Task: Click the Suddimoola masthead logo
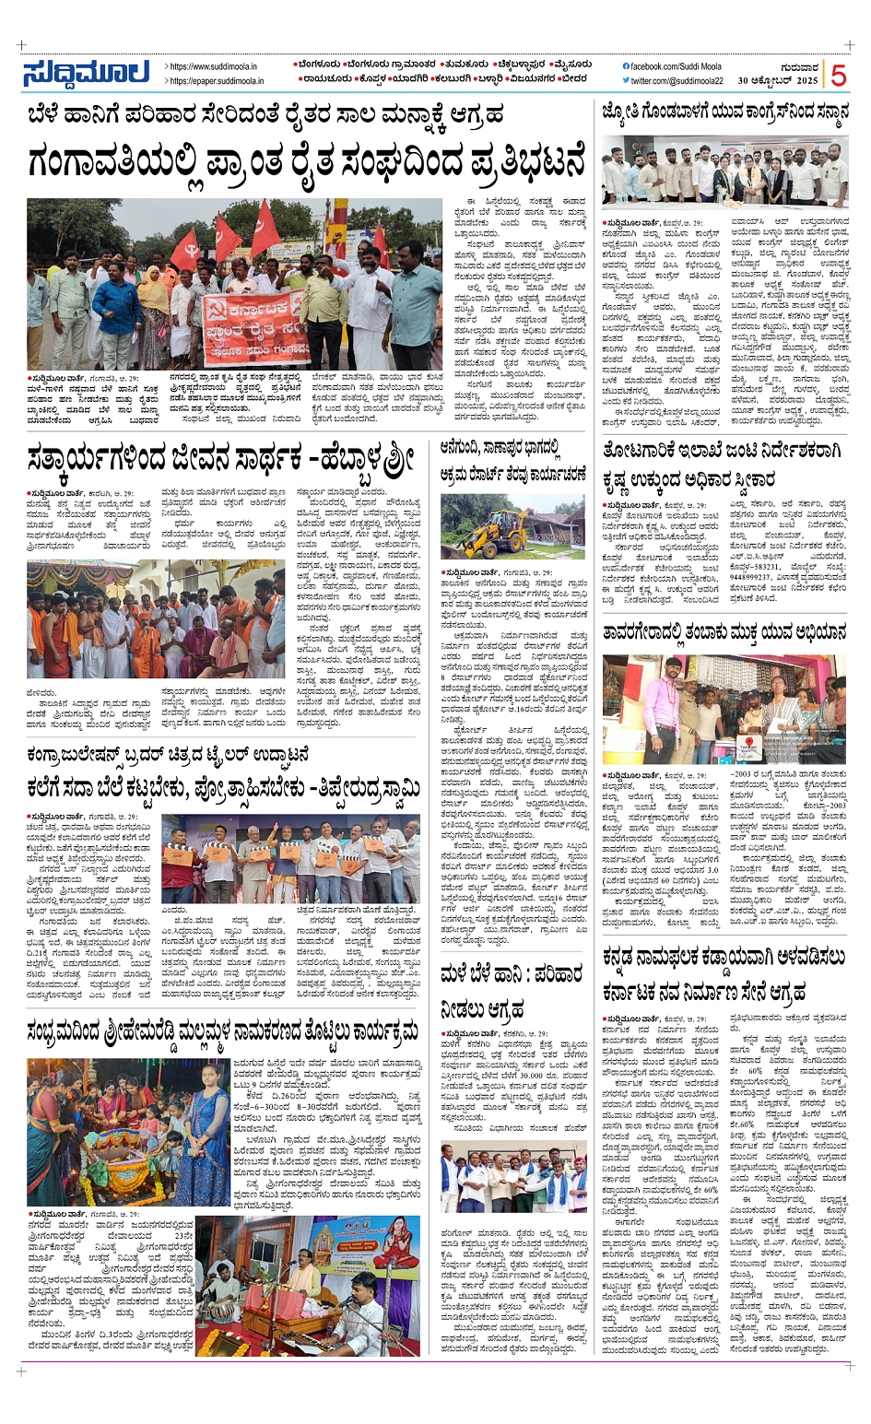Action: point(87,73)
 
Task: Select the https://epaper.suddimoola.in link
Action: point(218,81)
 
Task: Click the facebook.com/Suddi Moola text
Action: point(675,66)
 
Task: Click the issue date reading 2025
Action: point(807,81)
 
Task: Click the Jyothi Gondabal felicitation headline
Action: point(724,112)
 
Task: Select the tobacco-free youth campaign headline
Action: point(724,633)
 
